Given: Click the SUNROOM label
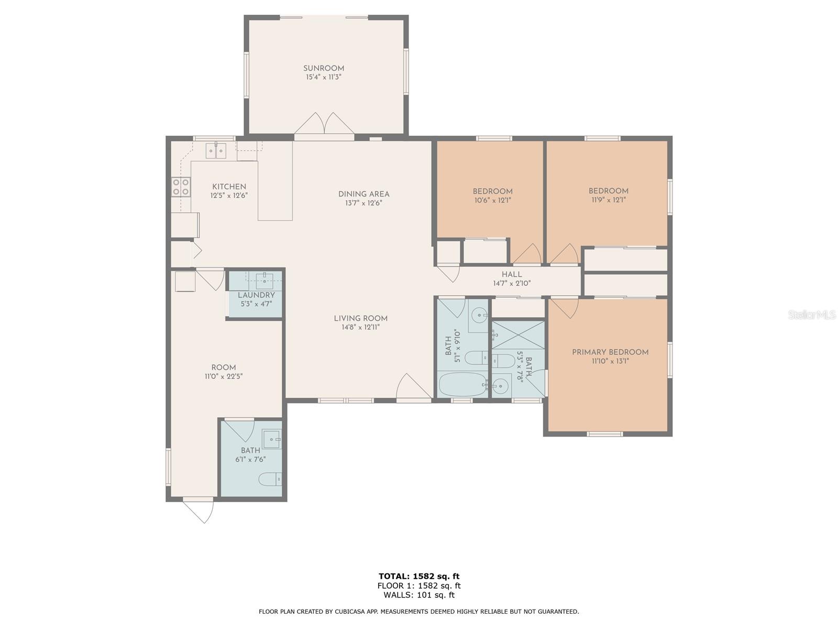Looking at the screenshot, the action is point(323,68).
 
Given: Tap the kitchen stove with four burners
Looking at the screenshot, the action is point(181,187).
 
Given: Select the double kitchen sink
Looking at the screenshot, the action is point(216,150).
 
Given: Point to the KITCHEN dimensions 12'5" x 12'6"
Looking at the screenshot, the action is point(229,196).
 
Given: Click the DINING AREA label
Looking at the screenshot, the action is point(363,194).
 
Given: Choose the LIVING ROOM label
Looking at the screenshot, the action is point(360,318).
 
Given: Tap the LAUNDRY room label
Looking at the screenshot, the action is point(256,295).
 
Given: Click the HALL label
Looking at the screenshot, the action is point(512,274).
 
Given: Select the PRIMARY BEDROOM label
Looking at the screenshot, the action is point(610,352).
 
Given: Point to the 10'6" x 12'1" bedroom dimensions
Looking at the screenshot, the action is point(492,200).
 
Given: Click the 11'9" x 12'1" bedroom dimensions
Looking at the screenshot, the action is point(609,200).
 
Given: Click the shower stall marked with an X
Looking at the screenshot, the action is point(518,334).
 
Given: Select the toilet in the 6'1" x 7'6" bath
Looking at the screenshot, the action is point(270,479).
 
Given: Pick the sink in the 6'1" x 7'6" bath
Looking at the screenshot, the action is point(271,439).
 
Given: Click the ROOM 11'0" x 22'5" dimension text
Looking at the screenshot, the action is point(224,376).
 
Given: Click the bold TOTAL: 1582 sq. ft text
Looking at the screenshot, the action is point(419,576).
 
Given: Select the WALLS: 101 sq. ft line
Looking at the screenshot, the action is point(419,595).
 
